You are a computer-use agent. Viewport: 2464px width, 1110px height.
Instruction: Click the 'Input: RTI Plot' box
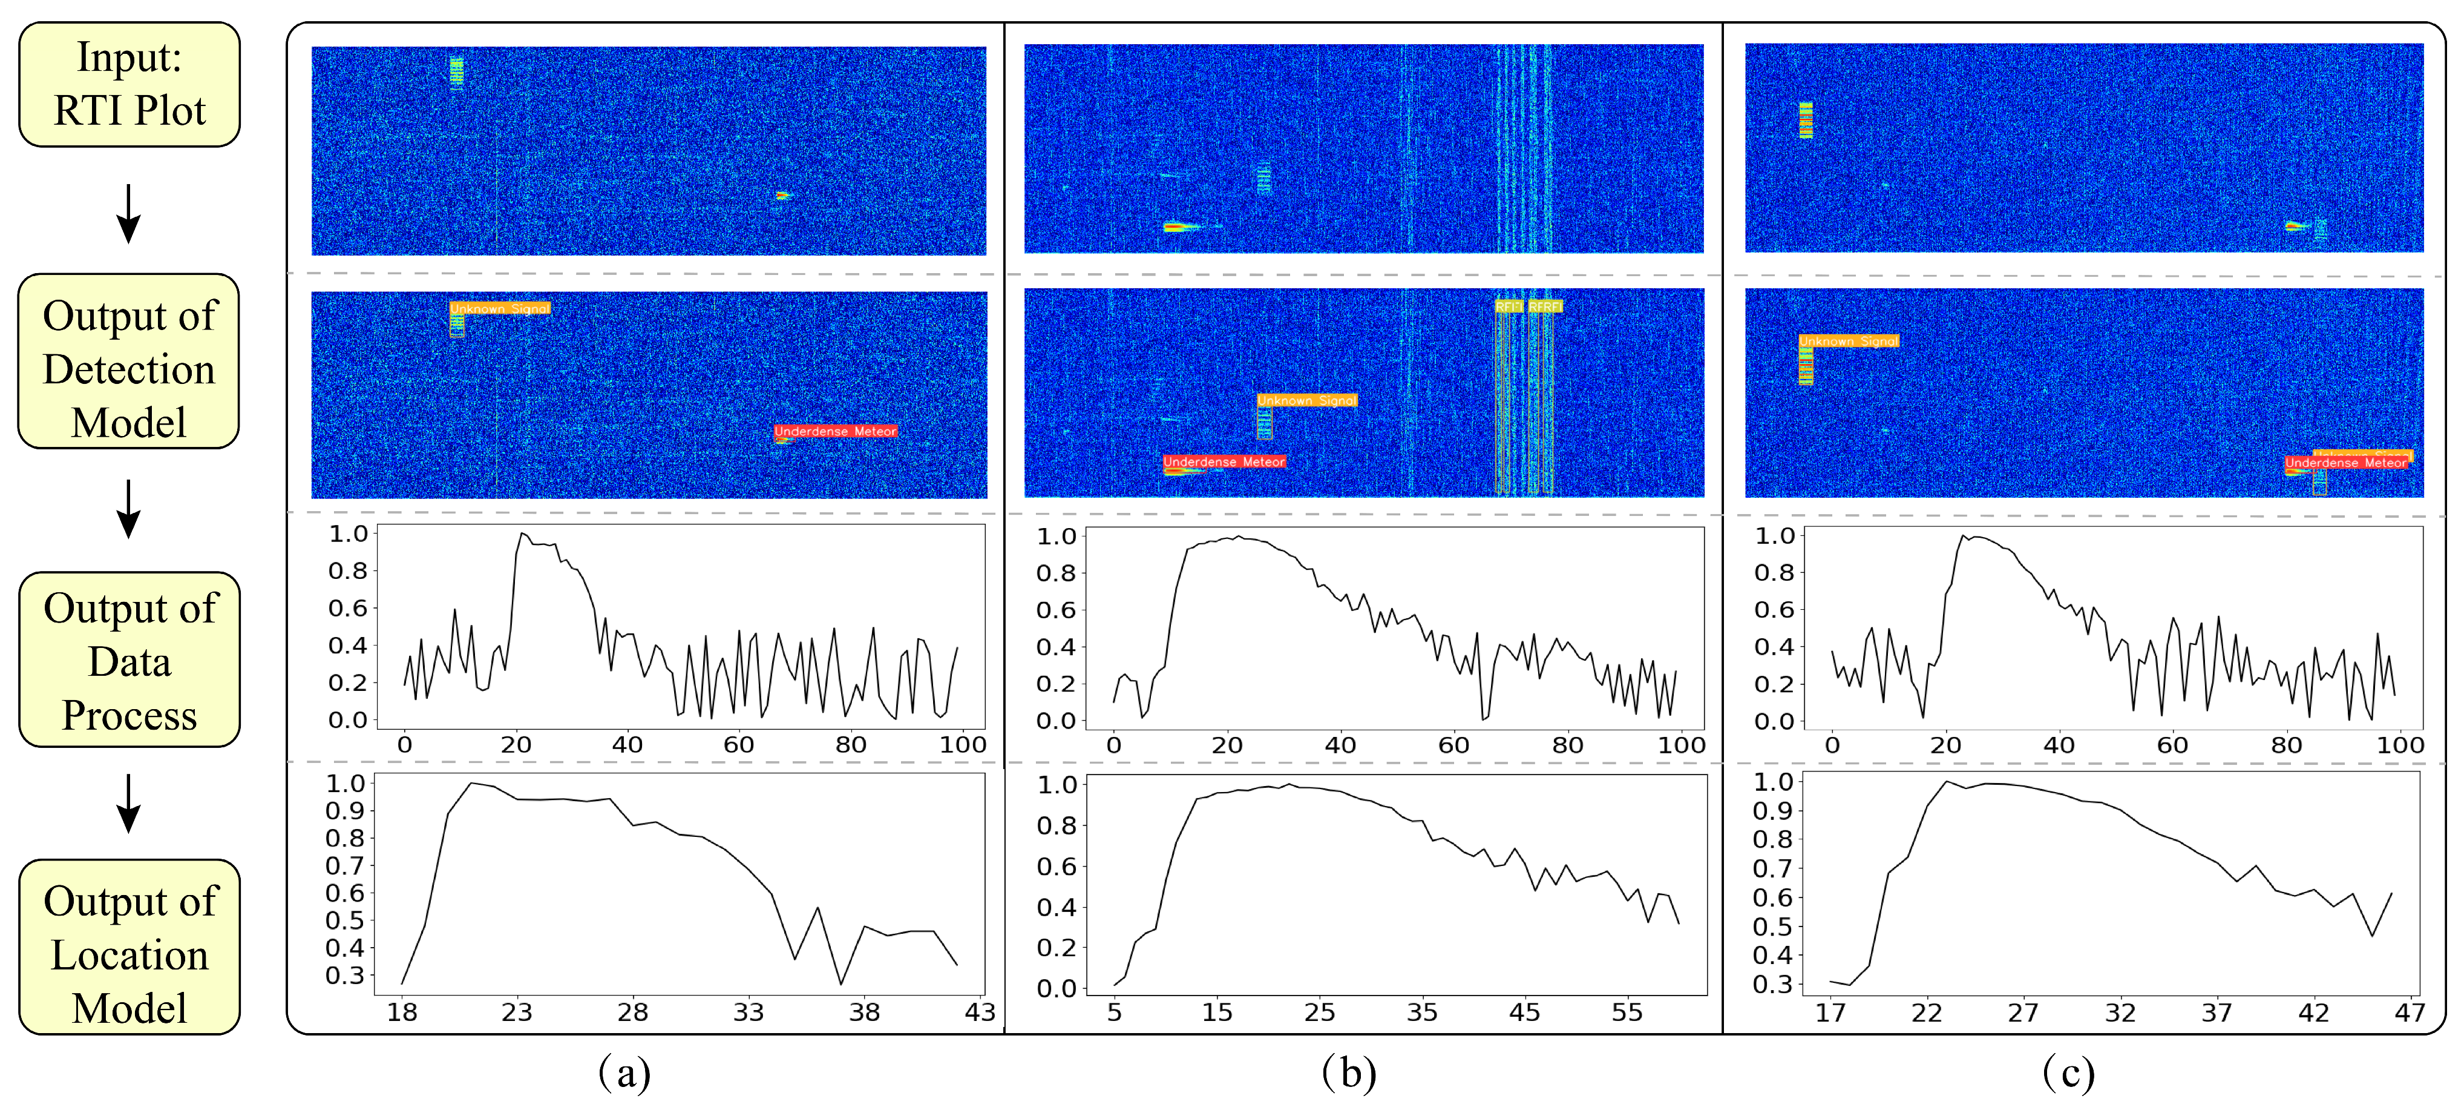(129, 84)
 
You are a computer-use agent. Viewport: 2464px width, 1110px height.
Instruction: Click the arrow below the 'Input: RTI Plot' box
(128, 213)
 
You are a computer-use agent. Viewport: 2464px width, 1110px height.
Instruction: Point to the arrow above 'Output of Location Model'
(128, 802)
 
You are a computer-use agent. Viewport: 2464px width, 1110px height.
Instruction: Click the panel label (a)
(624, 1072)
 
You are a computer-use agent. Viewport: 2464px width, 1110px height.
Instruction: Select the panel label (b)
(1349, 1072)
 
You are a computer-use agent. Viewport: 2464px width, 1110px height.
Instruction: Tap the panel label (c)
(2068, 1072)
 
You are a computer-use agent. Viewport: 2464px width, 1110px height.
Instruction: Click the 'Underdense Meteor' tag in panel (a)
(835, 432)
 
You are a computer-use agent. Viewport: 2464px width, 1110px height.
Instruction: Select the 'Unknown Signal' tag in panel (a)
(499, 308)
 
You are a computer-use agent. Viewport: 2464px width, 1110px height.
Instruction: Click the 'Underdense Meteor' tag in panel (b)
(1224, 462)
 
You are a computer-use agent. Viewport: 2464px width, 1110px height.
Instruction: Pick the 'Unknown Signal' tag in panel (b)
(1306, 400)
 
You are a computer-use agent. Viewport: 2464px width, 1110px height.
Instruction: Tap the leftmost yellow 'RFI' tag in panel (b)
(1509, 306)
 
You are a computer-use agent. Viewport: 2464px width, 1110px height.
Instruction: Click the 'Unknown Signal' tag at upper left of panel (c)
(1848, 341)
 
